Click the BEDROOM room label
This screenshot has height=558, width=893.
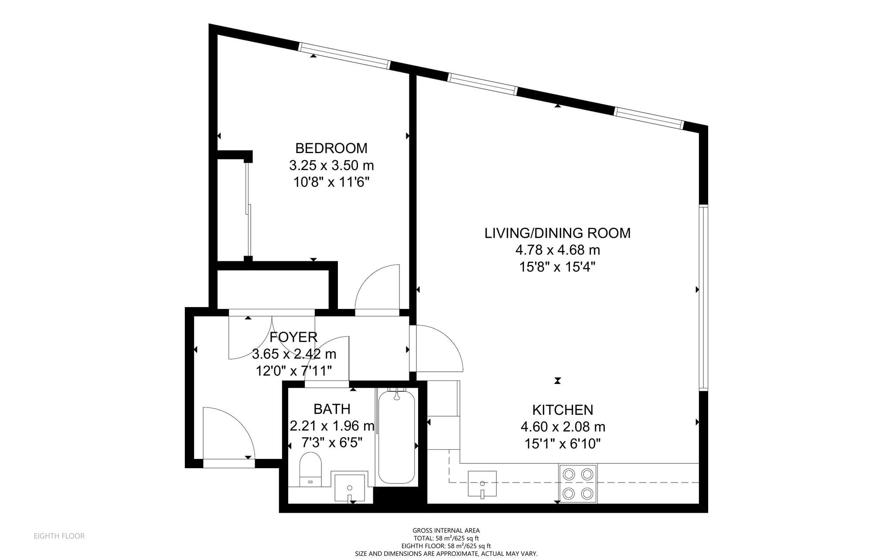coord(331,148)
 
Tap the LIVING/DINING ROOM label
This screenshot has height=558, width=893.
coord(558,233)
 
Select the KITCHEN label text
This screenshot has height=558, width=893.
coord(562,410)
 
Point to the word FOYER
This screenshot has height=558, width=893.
coord(293,337)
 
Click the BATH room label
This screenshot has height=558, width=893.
coord(332,409)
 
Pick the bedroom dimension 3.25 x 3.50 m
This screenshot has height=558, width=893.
coord(331,166)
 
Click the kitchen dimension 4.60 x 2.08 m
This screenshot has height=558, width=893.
coord(563,427)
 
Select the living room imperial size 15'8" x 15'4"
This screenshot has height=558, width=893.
coord(557,267)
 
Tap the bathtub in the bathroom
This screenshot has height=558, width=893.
coord(396,437)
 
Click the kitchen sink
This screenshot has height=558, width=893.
coord(482,483)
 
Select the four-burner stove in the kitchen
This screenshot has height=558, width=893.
coord(578,483)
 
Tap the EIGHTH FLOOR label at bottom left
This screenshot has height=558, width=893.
coord(59,536)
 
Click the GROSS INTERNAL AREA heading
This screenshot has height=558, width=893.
coord(446,531)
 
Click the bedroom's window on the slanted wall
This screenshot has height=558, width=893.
coord(344,56)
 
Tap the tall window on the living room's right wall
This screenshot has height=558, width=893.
coord(703,298)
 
